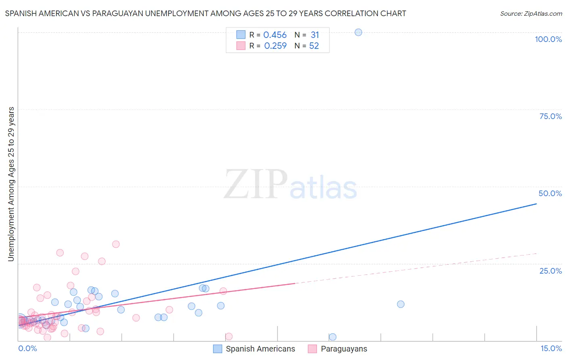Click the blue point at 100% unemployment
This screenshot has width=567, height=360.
click(x=358, y=32)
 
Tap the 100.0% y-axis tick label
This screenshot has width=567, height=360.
click(x=548, y=39)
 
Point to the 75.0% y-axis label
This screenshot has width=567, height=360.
click(x=550, y=116)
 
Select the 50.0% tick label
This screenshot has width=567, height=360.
click(x=550, y=193)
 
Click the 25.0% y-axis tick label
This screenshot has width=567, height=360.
click(x=550, y=271)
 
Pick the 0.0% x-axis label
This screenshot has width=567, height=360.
click(x=27, y=348)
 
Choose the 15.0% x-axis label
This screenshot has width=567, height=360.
click(x=551, y=348)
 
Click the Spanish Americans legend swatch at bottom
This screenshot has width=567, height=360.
click(x=218, y=349)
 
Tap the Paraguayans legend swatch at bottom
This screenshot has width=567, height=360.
click(x=313, y=349)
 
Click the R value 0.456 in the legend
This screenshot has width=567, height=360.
click(x=275, y=35)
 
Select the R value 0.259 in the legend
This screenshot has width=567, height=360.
click(x=275, y=46)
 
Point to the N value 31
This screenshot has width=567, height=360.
click(x=315, y=35)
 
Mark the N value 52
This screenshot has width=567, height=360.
click(x=314, y=46)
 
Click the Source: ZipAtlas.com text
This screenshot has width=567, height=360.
click(x=531, y=14)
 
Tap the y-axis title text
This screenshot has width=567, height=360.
click(x=11, y=184)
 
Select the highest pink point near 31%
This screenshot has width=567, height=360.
click(x=116, y=244)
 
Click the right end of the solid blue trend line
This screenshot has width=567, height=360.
click(x=536, y=204)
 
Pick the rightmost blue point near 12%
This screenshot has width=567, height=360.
click(x=400, y=304)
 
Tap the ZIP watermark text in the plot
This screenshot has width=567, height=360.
click(x=256, y=185)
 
